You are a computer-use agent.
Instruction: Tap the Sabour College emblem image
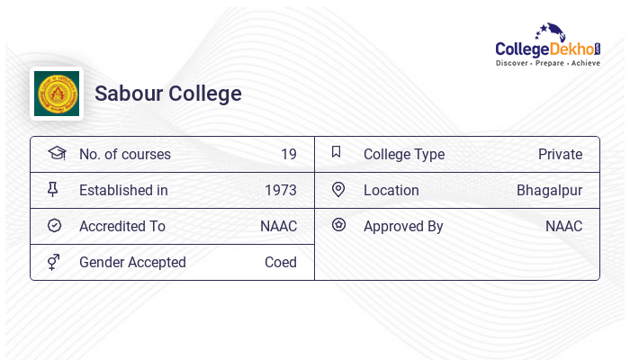[57, 94]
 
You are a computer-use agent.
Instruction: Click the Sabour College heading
[168, 94]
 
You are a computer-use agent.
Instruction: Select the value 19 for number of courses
[288, 154]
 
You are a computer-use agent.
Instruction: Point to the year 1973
[281, 190]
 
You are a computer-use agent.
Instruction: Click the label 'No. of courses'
[124, 154]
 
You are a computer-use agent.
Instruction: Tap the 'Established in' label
[123, 190]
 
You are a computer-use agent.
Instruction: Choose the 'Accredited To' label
[122, 226]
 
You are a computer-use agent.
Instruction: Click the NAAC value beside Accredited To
[278, 226]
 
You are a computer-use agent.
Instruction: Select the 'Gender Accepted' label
[132, 262]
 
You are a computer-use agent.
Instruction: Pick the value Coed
[281, 262]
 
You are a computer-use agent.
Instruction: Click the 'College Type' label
[404, 154]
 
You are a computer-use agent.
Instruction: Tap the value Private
[560, 154]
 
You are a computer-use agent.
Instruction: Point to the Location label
[391, 190]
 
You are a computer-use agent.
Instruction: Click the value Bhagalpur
[549, 190]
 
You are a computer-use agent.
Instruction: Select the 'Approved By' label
[403, 226]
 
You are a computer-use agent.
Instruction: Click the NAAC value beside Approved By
[563, 226]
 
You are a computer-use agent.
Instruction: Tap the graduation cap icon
[57, 153]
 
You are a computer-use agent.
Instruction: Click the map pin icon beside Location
[338, 189]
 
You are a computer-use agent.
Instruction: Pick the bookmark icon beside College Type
[337, 152]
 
